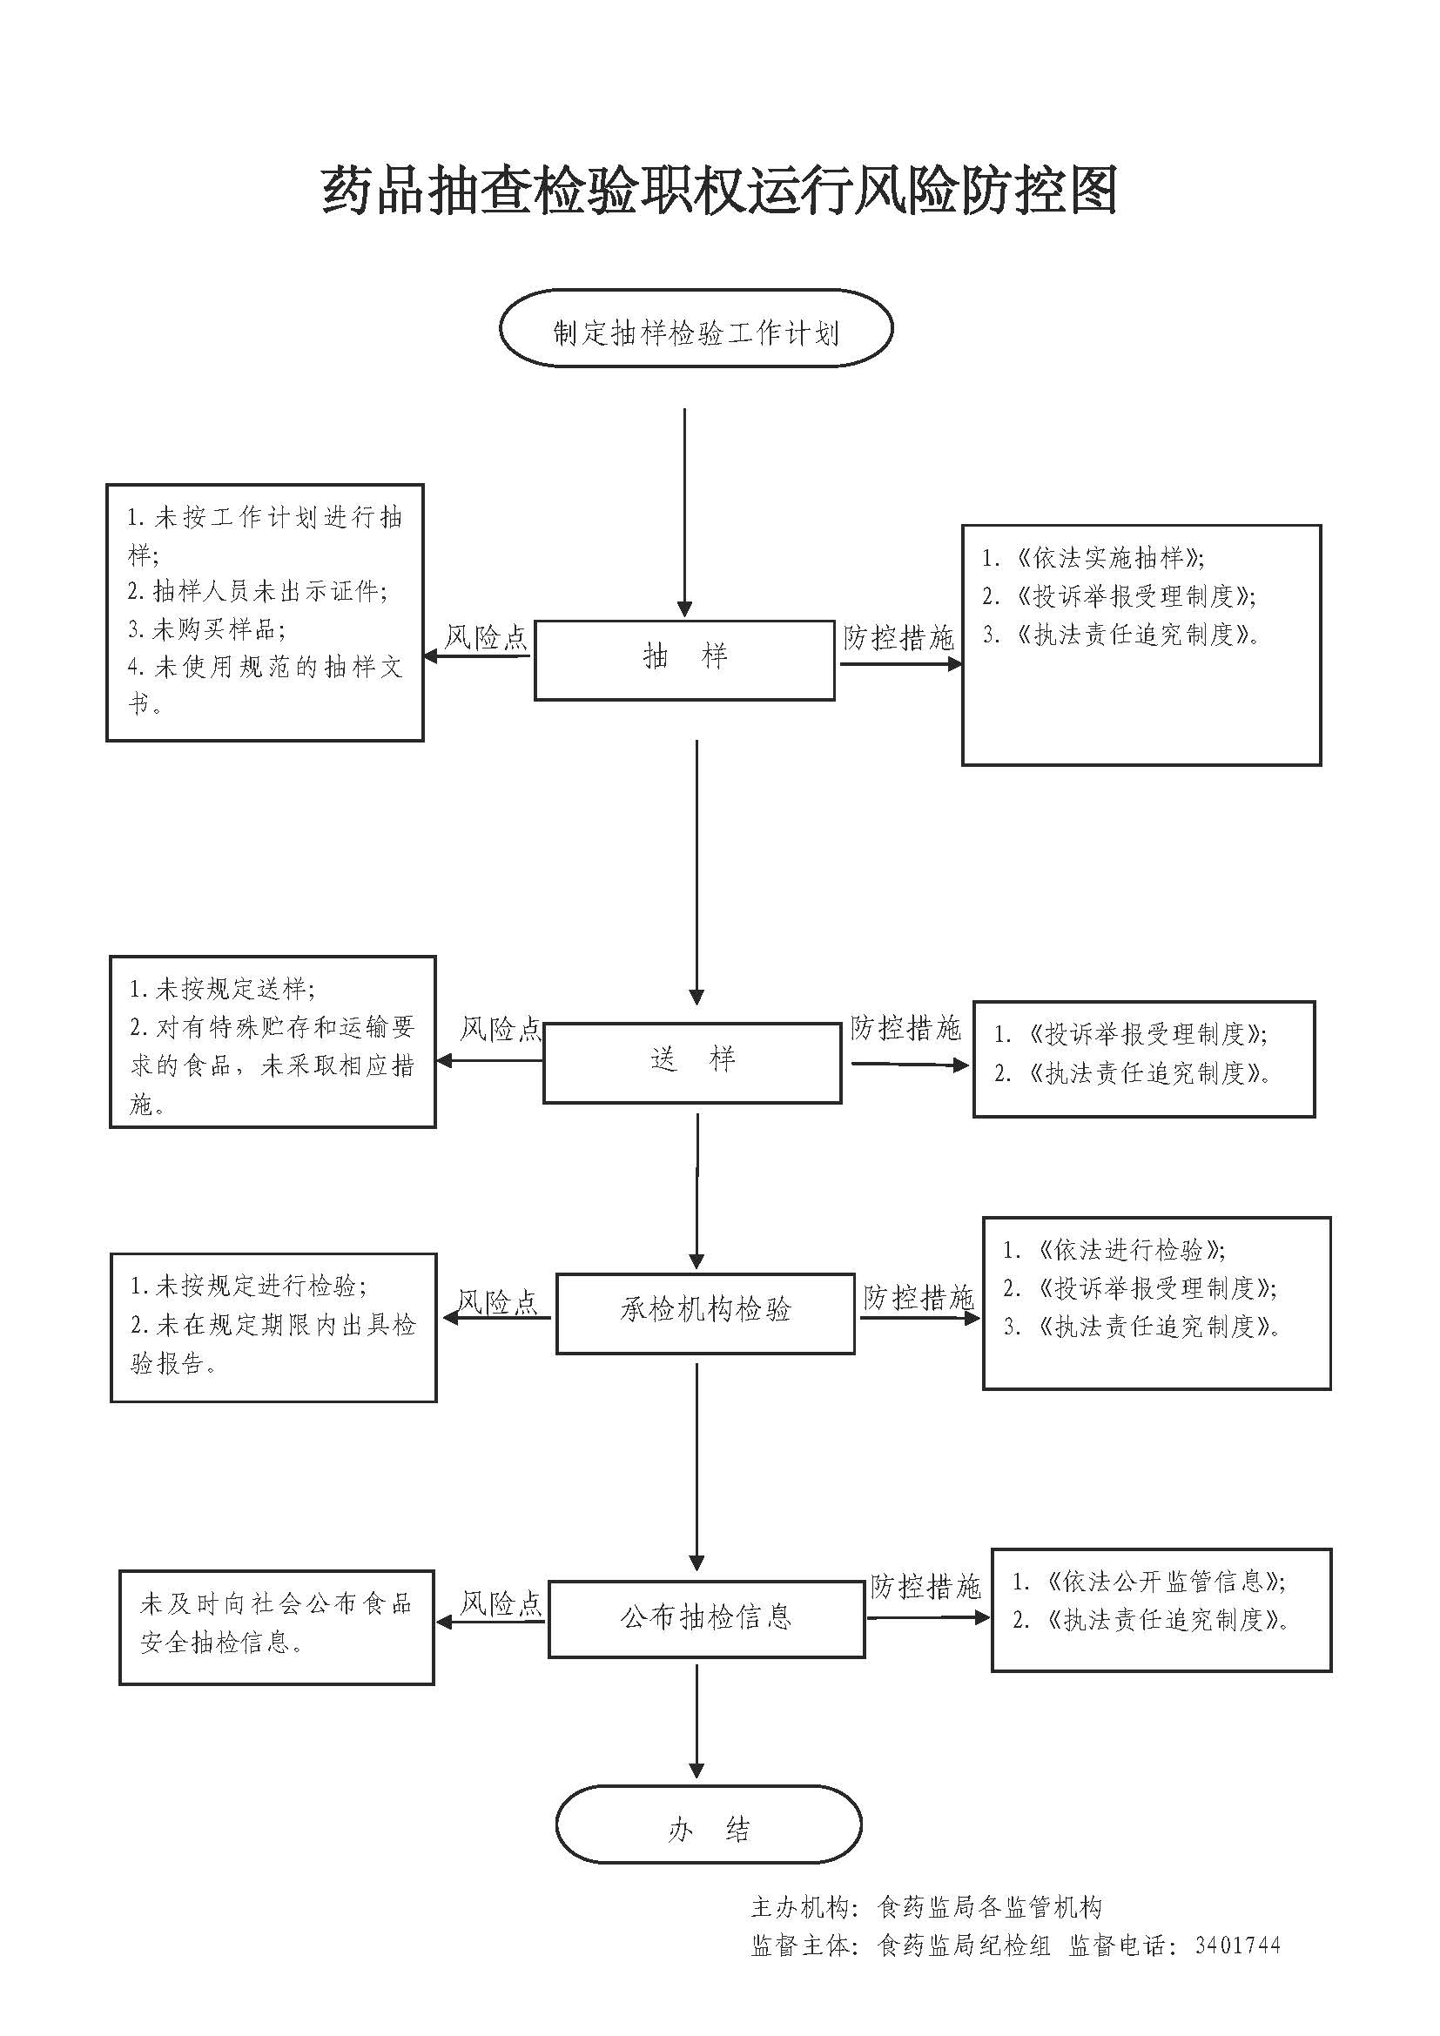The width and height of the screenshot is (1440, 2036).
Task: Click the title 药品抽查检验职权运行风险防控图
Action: click(x=718, y=190)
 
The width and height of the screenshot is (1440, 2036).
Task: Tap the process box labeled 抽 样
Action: click(x=684, y=660)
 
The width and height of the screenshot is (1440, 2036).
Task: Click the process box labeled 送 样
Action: click(x=692, y=1061)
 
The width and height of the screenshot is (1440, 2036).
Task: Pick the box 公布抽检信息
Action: click(x=706, y=1618)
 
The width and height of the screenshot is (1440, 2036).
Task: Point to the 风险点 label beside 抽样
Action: click(x=485, y=636)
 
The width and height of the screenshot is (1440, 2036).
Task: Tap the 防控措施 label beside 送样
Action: click(x=905, y=1028)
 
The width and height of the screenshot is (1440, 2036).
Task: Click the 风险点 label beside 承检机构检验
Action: click(x=497, y=1300)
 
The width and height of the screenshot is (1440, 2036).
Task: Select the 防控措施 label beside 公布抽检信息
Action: click(x=925, y=1585)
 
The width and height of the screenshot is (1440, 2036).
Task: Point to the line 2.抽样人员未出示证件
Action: click(x=257, y=590)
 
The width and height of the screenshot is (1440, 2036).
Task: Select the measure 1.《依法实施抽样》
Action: click(x=1093, y=558)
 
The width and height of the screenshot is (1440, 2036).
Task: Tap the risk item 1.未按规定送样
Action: click(x=222, y=989)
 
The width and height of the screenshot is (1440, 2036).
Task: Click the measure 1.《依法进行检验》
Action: click(x=1114, y=1250)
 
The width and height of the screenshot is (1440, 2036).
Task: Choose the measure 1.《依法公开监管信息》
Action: click(x=1149, y=1581)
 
